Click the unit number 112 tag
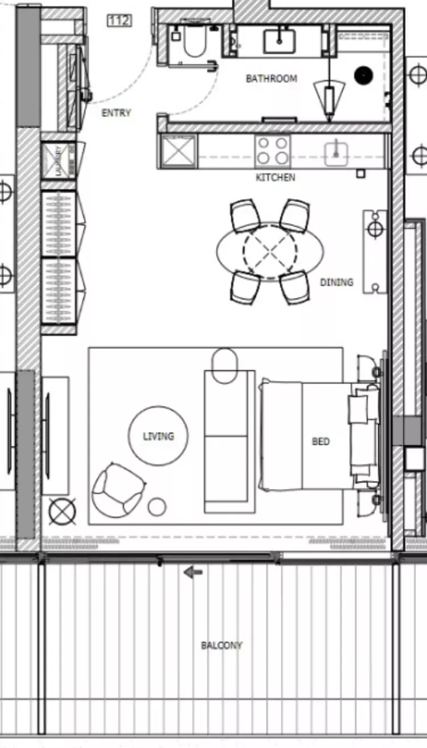tap(119, 21)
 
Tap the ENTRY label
tap(116, 113)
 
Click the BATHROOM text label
tap(272, 78)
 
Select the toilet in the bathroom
tap(194, 43)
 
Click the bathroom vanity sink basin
tap(279, 41)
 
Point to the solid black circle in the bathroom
tap(363, 74)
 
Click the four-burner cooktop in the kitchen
tap(272, 151)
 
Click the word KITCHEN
tap(276, 178)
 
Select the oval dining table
tap(270, 250)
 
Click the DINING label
tap(336, 282)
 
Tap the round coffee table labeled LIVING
tap(158, 436)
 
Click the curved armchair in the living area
tap(117, 488)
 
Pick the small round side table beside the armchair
tap(157, 506)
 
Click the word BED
tap(321, 441)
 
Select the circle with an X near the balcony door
tap(62, 511)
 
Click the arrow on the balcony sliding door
tap(193, 572)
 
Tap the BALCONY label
tap(221, 646)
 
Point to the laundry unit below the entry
tap(58, 161)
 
